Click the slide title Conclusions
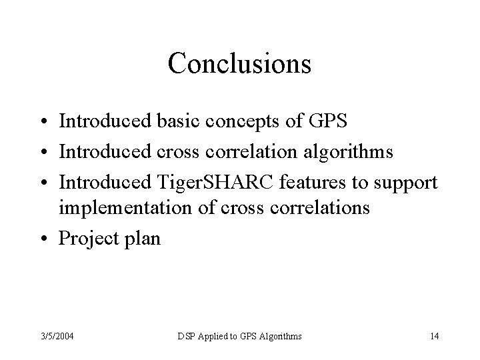pos(239,64)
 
